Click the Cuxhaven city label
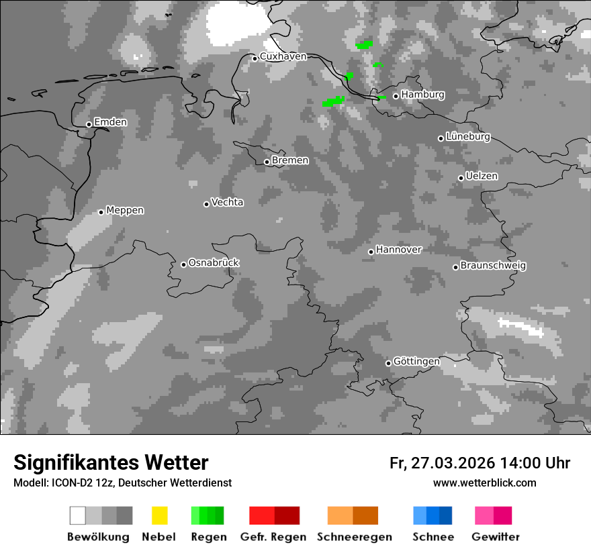(x=283, y=57)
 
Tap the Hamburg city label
(x=422, y=95)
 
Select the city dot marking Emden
(x=89, y=124)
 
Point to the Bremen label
(x=290, y=160)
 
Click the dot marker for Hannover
(x=371, y=252)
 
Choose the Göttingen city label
(x=416, y=362)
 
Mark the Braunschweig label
(x=493, y=266)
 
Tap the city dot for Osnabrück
(x=183, y=264)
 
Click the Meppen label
(x=125, y=210)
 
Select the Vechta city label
(x=227, y=202)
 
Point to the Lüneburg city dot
(x=441, y=138)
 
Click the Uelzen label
(x=482, y=176)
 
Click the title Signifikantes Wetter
(x=111, y=462)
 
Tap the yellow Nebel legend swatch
(x=159, y=515)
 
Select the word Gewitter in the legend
(x=496, y=537)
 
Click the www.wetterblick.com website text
(x=484, y=483)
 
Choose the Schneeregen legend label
(x=354, y=537)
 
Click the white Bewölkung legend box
(x=77, y=515)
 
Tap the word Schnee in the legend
(x=433, y=537)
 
